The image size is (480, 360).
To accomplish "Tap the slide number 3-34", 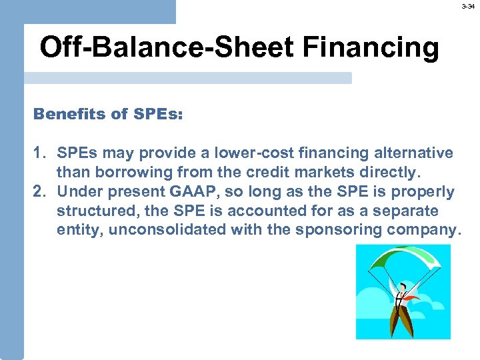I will point(469,6).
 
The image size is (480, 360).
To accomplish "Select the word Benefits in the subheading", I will point(71,114).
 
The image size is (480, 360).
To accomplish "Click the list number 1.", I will point(39,153).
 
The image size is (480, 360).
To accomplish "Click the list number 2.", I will point(39,192).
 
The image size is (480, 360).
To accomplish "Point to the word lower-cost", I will point(225,153).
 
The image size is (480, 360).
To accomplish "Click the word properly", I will point(423,192).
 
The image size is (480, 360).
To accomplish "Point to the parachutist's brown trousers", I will point(402,320).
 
